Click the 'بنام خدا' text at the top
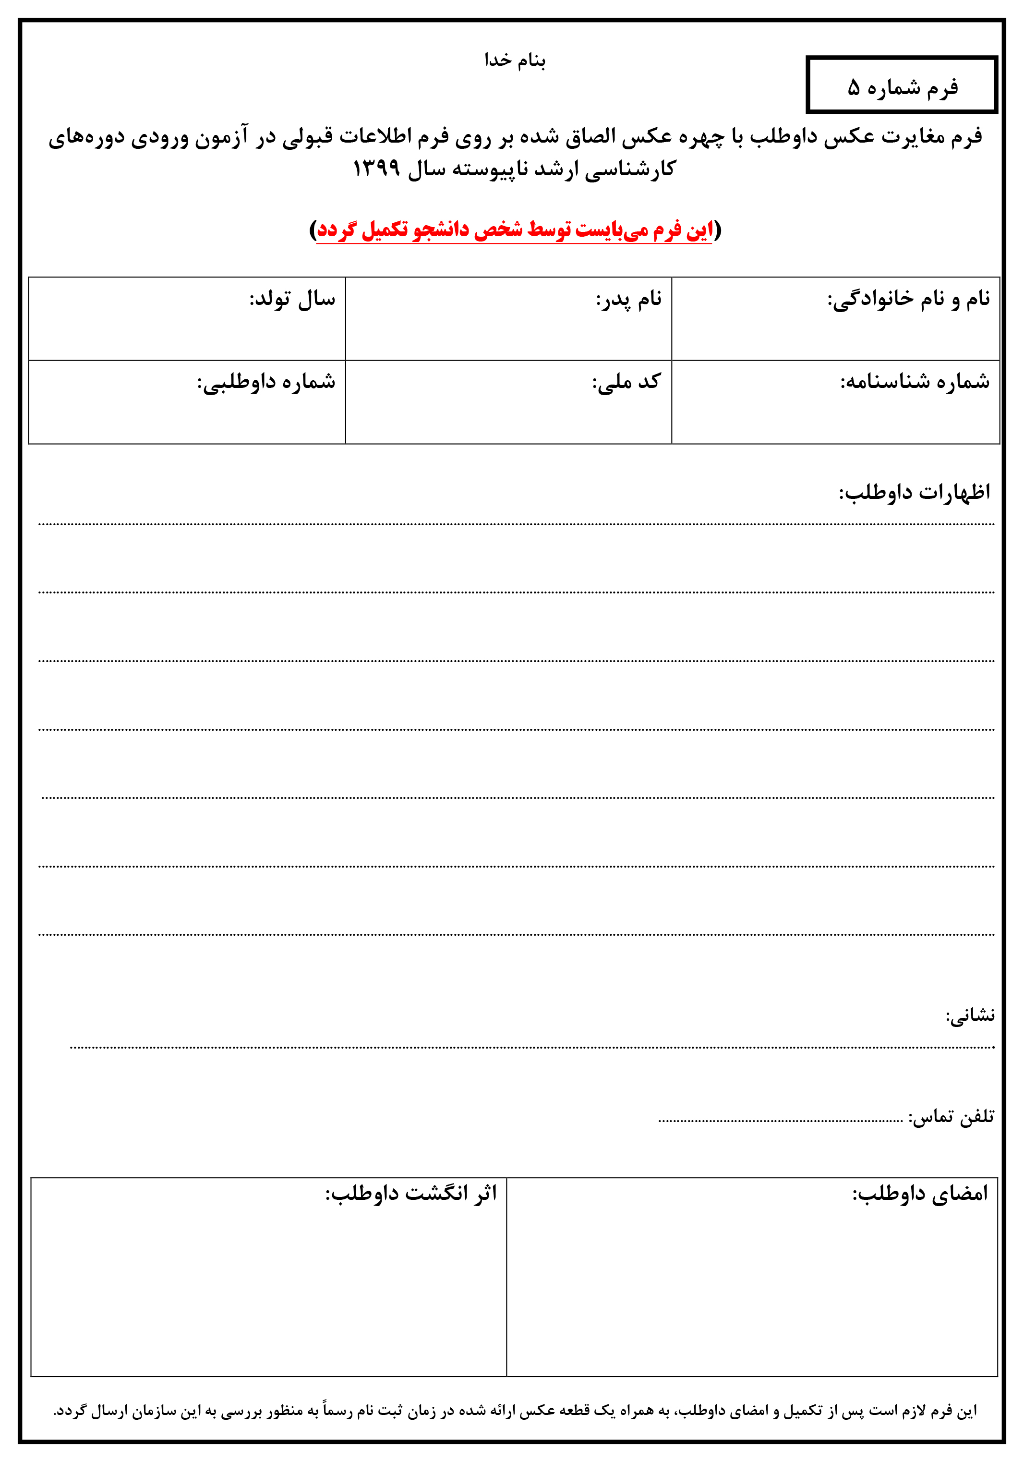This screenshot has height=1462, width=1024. point(515,60)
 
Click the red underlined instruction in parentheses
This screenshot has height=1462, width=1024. point(515,230)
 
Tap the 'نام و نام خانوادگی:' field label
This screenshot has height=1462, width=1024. point(908,299)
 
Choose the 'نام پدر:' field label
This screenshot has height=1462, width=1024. point(628,299)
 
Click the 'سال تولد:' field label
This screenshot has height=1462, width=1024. point(292,299)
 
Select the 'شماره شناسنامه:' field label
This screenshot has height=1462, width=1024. point(915,382)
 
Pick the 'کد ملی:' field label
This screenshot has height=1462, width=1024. point(626,382)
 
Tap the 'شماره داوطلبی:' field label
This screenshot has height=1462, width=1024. point(266,382)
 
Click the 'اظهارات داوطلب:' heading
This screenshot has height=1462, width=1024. point(915,492)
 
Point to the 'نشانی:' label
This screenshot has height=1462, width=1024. point(970,1015)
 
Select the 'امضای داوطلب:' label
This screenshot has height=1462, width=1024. point(920,1193)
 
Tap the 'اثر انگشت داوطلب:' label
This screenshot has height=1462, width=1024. point(411,1193)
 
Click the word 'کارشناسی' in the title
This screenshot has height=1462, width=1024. point(630,169)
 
